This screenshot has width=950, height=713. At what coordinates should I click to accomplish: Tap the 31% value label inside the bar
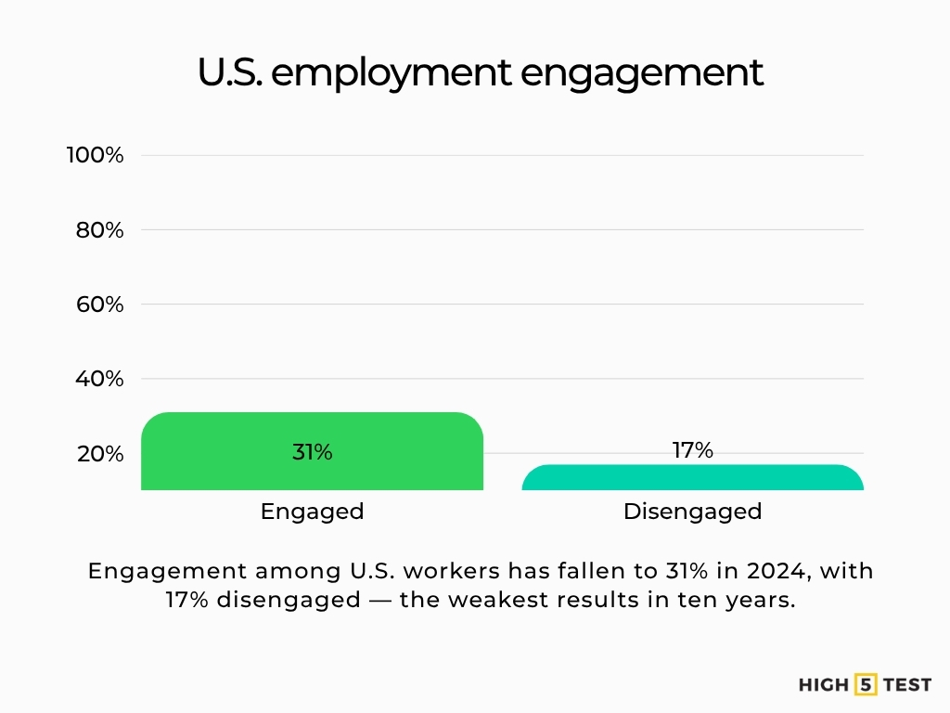coord(312,453)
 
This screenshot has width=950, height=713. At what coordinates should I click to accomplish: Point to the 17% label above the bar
coord(692,450)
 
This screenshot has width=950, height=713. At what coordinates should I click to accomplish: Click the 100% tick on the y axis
coord(95,155)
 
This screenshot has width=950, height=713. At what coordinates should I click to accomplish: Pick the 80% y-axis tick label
coord(99,230)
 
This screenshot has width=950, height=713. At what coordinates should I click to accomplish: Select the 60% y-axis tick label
coord(99,305)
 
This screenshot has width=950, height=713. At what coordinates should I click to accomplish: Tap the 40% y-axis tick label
coord(99,379)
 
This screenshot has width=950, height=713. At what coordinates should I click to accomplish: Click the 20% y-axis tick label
coord(99,454)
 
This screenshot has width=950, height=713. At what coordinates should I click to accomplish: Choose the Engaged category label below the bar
coord(312,511)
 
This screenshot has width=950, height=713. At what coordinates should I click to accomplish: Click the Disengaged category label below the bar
coord(692,511)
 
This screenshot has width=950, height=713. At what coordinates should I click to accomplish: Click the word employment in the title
coord(391,73)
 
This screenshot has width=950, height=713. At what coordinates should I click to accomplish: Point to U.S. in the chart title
coord(229,72)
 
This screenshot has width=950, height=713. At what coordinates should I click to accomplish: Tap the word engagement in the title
coord(641,73)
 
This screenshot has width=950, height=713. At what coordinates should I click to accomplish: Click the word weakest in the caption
coord(491,600)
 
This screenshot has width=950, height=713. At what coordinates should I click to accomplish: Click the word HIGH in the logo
coord(824,685)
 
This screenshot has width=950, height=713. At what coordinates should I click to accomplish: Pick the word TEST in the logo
coord(906,685)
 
